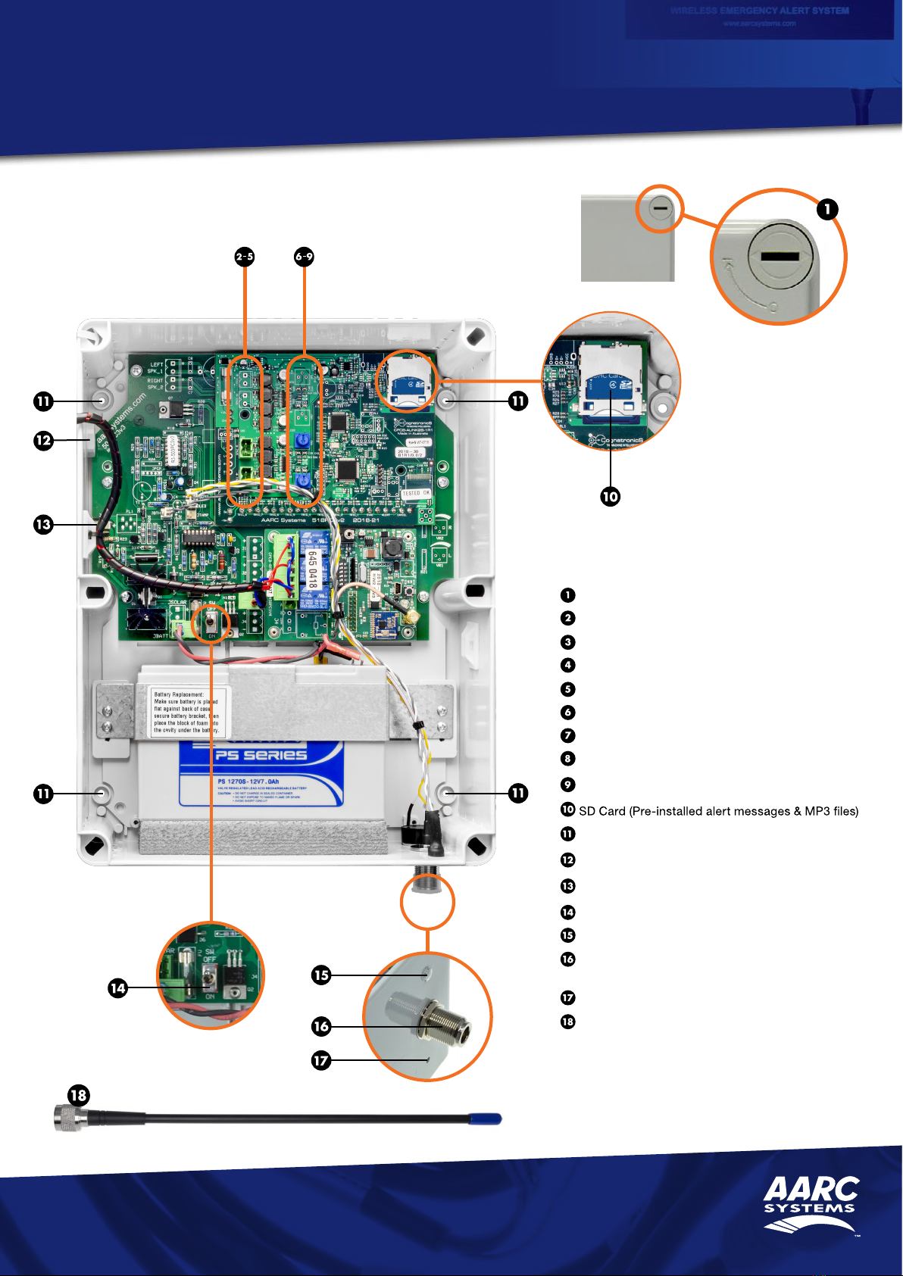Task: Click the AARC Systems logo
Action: coord(811,1204)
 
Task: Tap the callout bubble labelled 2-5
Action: coord(244,257)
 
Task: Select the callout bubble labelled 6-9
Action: coord(304,257)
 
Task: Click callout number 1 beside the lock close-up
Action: coord(827,209)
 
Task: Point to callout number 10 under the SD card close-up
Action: coord(610,497)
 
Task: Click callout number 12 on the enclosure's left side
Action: coord(43,440)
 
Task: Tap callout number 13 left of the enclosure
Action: coord(43,524)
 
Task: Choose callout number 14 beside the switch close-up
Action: coord(117,987)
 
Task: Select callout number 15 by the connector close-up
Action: coord(321,975)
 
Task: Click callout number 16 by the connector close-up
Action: coord(321,1026)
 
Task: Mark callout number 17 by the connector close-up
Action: coord(321,1060)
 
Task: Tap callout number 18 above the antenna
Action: coord(78,1095)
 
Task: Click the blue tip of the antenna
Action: coord(486,1118)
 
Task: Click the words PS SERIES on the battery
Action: coord(261,755)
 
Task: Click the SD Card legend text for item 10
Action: coord(718,811)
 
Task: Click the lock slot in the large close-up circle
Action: coord(780,256)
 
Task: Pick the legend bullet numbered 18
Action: coord(567,1022)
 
